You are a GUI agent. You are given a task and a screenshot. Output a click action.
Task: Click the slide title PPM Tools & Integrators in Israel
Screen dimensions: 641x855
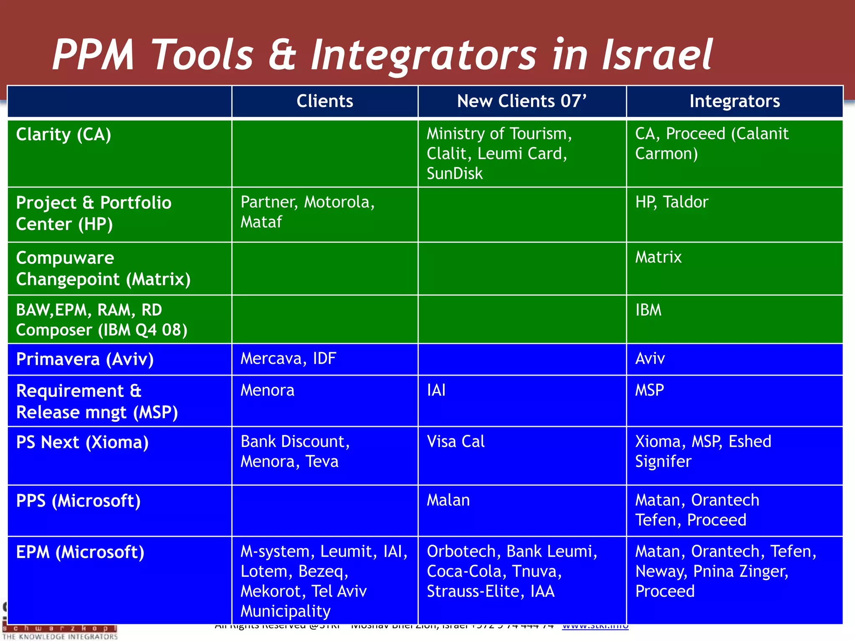tap(382, 54)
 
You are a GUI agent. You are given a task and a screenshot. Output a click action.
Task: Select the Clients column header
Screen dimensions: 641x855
tap(325, 101)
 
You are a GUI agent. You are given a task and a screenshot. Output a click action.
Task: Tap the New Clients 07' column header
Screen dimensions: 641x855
tap(522, 101)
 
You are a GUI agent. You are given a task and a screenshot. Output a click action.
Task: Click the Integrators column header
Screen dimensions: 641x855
tap(734, 101)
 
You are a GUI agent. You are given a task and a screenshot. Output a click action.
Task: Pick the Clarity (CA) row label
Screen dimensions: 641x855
tap(63, 135)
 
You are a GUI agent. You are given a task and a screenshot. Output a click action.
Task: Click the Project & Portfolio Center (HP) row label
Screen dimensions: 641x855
tap(94, 213)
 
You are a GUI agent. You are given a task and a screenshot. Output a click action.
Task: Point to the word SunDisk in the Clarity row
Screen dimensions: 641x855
tap(455, 174)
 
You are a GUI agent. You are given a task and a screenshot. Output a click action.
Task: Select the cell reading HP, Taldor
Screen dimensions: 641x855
tap(671, 202)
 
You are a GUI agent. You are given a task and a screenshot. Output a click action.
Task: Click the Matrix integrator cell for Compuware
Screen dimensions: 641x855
tap(658, 257)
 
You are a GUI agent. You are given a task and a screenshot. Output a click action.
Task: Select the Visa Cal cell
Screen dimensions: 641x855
tap(455, 442)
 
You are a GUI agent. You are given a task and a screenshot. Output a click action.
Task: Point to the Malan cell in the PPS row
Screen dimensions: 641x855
tap(448, 500)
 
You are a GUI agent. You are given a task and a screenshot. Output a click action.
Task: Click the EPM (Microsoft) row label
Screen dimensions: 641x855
tap(80, 553)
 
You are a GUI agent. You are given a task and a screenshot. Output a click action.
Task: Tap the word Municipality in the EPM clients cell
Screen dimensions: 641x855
tap(286, 611)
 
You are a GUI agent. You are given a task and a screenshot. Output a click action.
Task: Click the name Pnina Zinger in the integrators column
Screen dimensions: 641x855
tap(740, 571)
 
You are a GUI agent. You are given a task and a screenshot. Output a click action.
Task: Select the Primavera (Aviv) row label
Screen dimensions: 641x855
tap(85, 359)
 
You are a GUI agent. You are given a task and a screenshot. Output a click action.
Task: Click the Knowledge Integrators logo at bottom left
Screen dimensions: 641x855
tap(60, 632)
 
